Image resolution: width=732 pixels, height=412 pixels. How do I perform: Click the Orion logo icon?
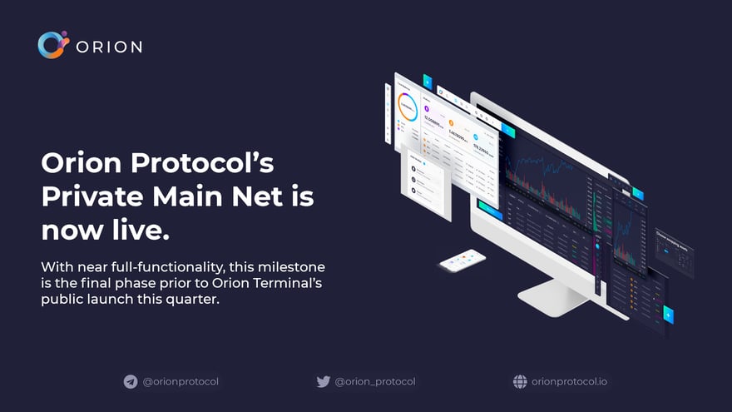click(51, 45)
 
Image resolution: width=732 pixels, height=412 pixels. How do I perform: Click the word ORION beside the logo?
click(109, 47)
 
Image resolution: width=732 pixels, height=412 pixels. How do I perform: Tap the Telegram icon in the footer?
click(131, 382)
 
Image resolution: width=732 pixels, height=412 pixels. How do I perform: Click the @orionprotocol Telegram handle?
click(181, 382)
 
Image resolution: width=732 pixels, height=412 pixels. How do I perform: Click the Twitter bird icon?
click(324, 382)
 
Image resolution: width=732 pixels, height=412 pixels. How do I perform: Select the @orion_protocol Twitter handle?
click(375, 382)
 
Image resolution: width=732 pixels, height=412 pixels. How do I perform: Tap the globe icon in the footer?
click(520, 382)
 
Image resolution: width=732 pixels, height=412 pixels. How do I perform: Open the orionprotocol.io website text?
click(569, 382)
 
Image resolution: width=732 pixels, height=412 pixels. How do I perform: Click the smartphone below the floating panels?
click(462, 261)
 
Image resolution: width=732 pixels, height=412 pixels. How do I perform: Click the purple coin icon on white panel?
click(427, 109)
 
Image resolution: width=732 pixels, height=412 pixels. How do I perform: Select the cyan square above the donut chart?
click(427, 81)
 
